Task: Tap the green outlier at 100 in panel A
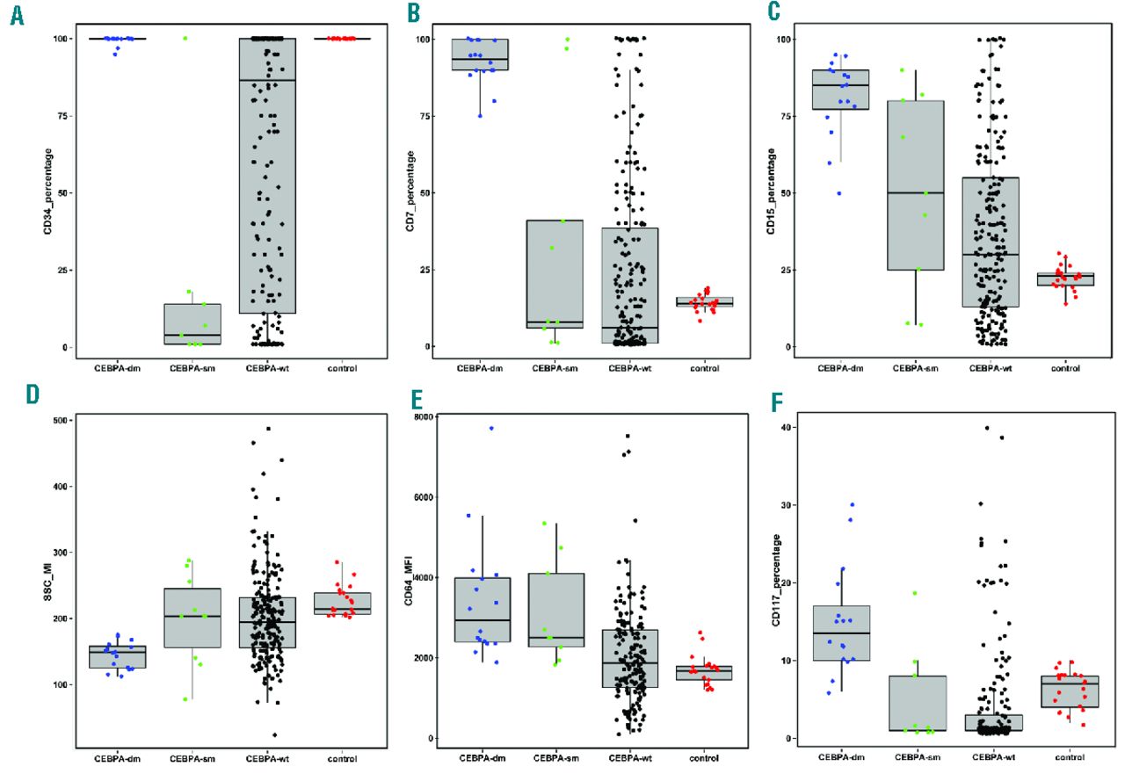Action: click(185, 38)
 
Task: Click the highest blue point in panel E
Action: click(491, 428)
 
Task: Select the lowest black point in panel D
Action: click(274, 734)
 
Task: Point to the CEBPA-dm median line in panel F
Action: click(841, 633)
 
